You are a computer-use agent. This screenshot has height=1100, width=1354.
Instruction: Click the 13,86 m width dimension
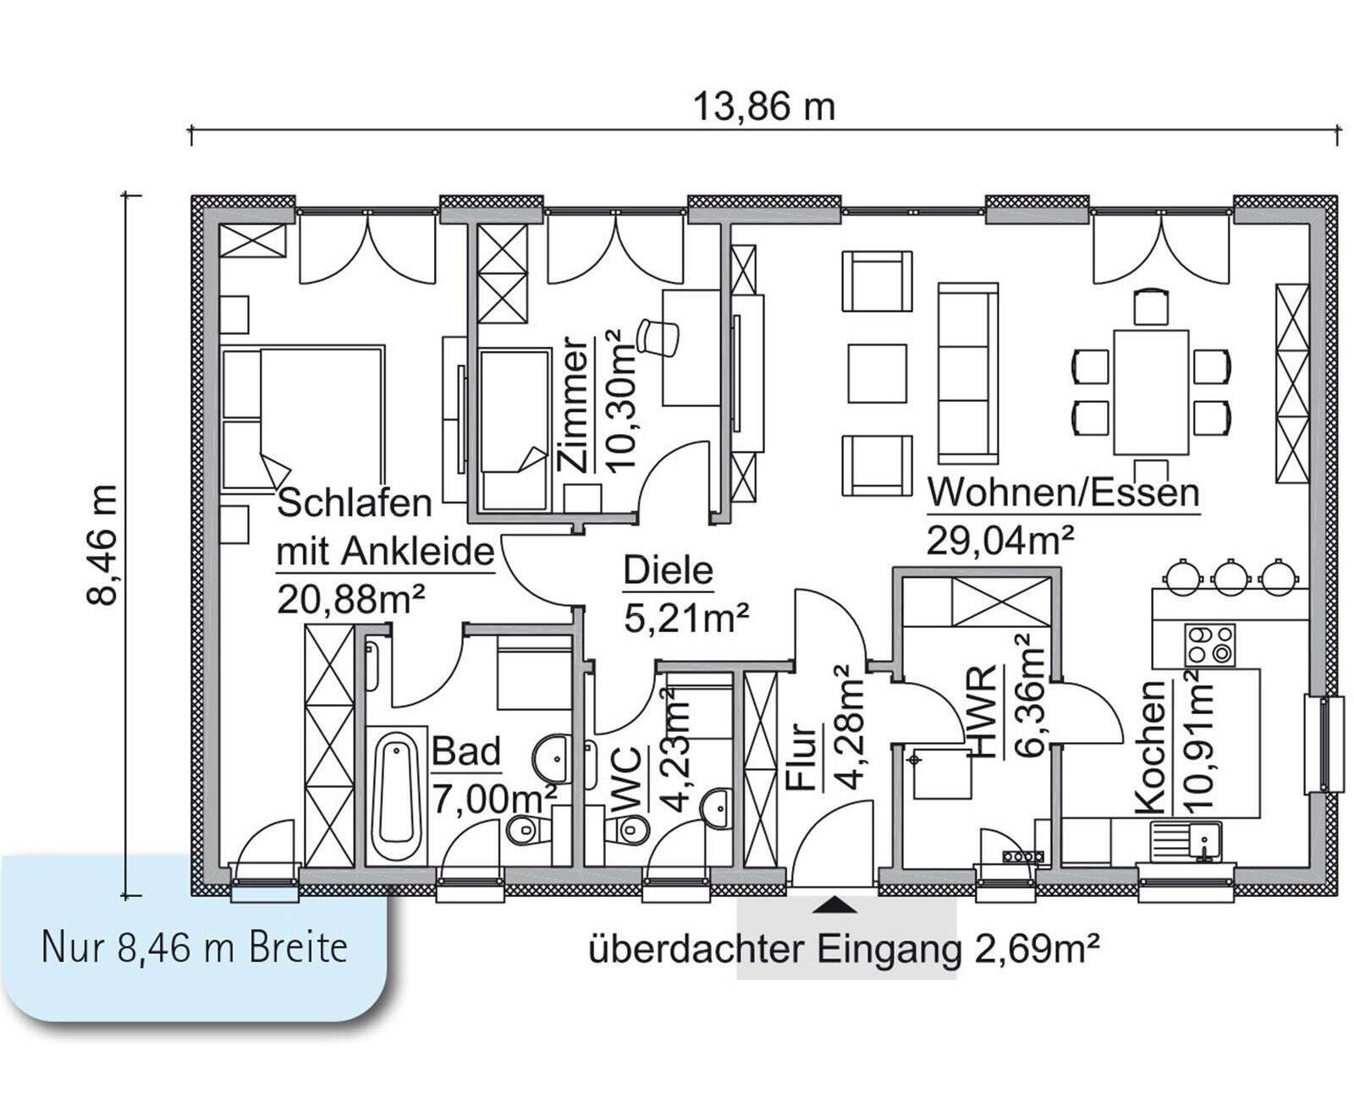pos(764,107)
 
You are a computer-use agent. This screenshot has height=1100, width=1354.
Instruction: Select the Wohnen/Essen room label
pos(1063,492)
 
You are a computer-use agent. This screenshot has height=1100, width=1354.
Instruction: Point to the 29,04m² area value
pos(1000,539)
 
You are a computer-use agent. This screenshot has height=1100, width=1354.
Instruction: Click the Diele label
pos(669,571)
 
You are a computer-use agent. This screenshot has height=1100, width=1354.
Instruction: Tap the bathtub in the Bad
pos(395,793)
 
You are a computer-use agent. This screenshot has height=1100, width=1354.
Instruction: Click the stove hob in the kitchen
pos(1209,645)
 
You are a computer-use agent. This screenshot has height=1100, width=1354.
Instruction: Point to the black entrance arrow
pos(834,905)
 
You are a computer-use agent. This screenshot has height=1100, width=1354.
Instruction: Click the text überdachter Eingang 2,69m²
pos(844,949)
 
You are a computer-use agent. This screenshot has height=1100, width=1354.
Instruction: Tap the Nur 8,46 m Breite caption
pos(195,948)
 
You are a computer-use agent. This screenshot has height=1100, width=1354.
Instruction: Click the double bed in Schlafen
pos(305,416)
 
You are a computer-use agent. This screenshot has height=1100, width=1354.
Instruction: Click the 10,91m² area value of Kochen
pos(1199,740)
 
